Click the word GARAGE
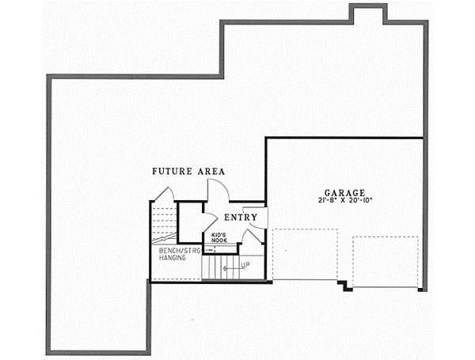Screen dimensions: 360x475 344,192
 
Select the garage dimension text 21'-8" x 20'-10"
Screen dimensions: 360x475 344,201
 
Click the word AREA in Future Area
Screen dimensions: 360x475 211,171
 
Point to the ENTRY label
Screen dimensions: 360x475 239,217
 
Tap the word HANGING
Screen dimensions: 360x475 171,258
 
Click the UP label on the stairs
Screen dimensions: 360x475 245,265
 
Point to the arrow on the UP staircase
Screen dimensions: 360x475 230,267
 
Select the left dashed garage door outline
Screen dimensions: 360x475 306,255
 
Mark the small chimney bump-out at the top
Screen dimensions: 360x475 368,14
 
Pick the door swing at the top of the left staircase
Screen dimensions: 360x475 164,194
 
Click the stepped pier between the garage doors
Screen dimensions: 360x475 344,284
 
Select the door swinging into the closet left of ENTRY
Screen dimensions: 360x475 209,222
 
